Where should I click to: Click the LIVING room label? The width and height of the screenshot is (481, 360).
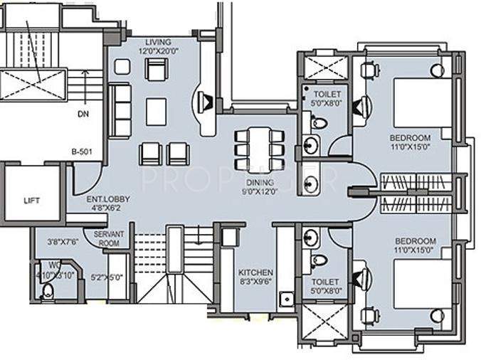tap(157, 42)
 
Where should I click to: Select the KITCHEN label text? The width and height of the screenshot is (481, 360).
tap(255, 273)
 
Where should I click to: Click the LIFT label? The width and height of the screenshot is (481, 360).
tap(31, 201)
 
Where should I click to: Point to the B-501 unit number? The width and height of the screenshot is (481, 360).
tap(83, 152)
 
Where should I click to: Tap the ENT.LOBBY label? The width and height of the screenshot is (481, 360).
tap(104, 200)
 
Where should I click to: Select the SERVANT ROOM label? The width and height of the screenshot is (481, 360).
tap(105, 239)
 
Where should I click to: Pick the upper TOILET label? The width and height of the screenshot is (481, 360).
tap(327, 94)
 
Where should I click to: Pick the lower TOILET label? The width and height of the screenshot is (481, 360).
tap(326, 282)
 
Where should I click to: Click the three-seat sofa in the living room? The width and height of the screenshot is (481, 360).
tap(122, 110)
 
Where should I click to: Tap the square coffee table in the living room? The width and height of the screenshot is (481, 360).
tap(156, 110)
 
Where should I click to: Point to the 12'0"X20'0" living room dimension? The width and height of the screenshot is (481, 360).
tap(157, 51)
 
